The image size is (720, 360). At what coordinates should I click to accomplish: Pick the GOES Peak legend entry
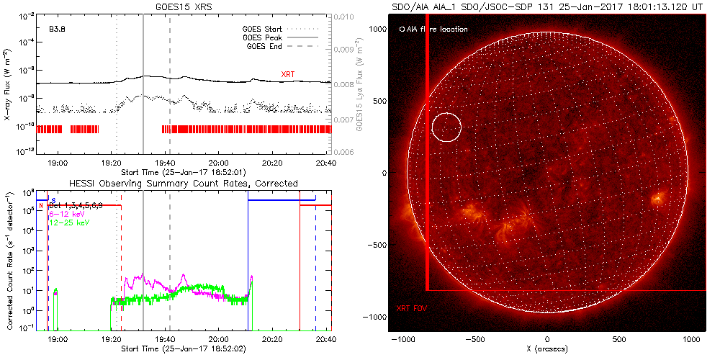(x=266, y=38)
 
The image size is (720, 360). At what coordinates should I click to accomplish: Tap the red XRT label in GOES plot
(x=288, y=74)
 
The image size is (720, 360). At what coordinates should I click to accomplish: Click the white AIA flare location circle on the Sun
(x=446, y=127)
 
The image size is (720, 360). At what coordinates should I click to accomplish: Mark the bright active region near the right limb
(x=657, y=198)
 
